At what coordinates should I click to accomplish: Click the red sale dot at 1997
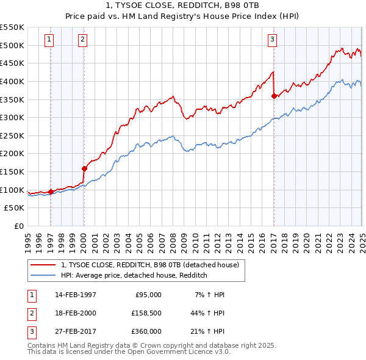click(51, 192)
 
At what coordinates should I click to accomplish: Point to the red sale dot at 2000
click(84, 168)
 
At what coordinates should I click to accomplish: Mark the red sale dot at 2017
click(274, 95)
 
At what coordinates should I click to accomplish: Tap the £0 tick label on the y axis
click(18, 226)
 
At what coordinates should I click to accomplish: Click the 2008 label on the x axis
click(173, 239)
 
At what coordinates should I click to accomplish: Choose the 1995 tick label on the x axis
click(28, 239)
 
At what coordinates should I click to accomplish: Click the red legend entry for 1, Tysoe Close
click(152, 264)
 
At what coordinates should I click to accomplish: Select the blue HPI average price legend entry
click(134, 275)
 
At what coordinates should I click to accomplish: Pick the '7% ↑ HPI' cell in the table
click(209, 295)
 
